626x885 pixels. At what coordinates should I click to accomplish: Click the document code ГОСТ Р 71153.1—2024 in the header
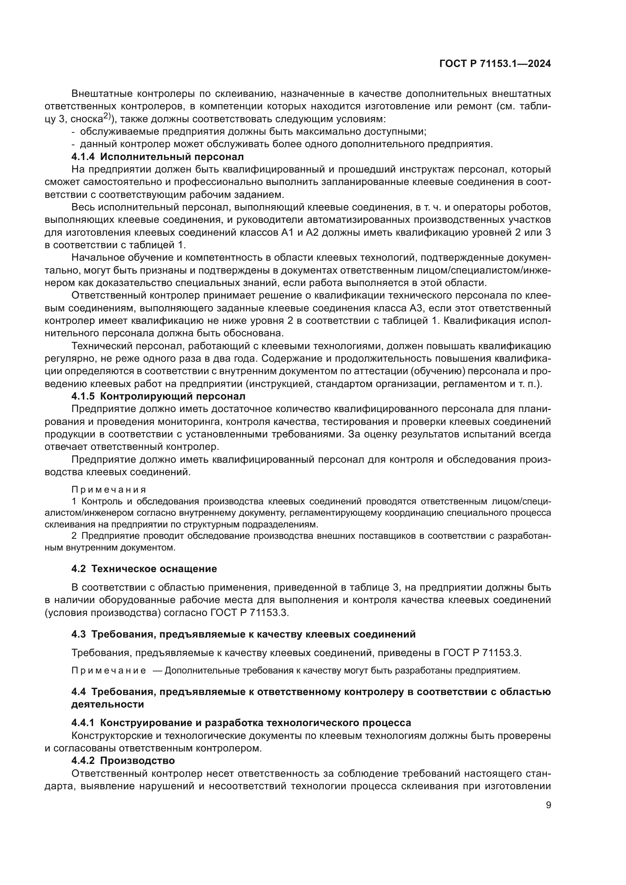[495, 64]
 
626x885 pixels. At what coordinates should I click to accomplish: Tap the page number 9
[548, 805]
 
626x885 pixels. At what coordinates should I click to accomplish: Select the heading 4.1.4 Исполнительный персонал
[158, 157]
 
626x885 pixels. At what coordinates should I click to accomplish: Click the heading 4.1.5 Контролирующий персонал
[158, 396]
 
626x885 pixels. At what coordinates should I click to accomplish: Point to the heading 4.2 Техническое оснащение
[144, 569]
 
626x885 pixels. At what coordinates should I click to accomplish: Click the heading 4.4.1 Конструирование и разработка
[241, 722]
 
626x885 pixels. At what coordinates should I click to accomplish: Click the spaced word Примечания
[109, 490]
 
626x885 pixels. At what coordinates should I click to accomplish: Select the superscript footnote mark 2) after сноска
[107, 117]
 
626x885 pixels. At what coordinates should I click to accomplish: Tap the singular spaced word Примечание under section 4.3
[109, 670]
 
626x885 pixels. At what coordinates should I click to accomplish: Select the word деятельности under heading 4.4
[107, 704]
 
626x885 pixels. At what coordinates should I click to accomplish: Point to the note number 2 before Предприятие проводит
[74, 536]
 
